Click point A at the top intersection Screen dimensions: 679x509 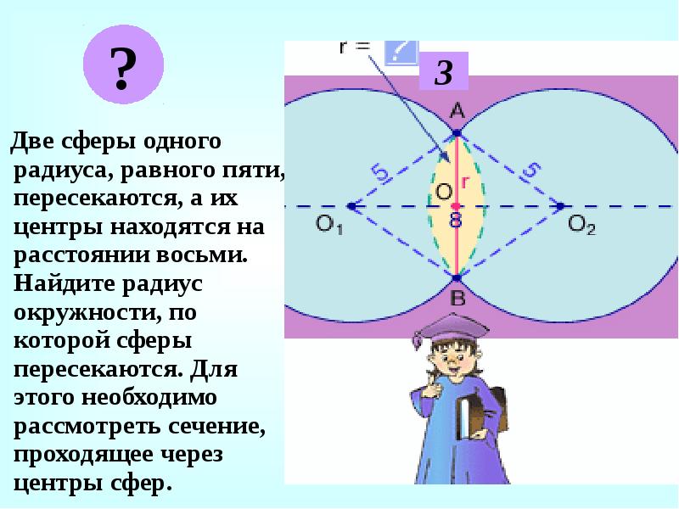point(457,133)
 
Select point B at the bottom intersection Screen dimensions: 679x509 point(457,278)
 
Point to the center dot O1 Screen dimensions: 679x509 point(351,206)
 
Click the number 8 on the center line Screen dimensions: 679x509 point(456,221)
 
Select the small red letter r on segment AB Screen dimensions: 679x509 point(465,181)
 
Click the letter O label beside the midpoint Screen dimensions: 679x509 point(443,192)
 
